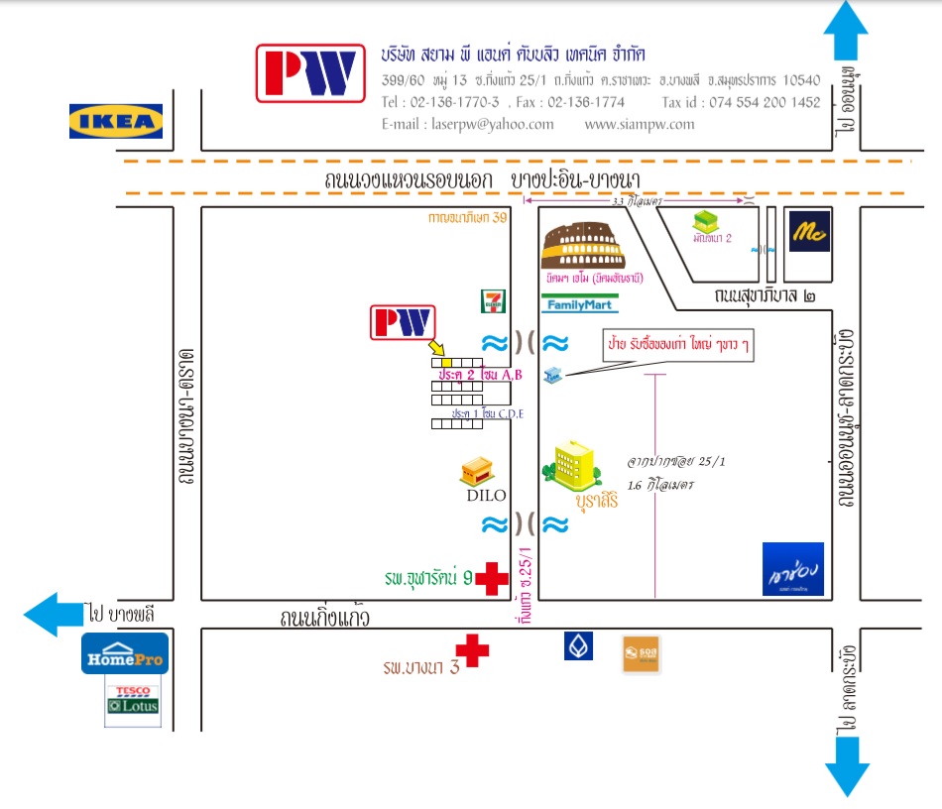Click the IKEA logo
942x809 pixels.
coord(115,121)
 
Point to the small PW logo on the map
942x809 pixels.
coord(403,323)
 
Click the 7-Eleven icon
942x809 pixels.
coord(490,301)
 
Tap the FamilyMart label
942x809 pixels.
coord(580,304)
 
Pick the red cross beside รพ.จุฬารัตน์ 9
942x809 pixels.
coord(491,579)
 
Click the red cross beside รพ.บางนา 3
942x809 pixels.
coord(472,650)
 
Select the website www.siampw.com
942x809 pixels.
coord(640,125)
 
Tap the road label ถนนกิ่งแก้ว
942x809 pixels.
coord(324,620)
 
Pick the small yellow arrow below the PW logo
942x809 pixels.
coord(437,348)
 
